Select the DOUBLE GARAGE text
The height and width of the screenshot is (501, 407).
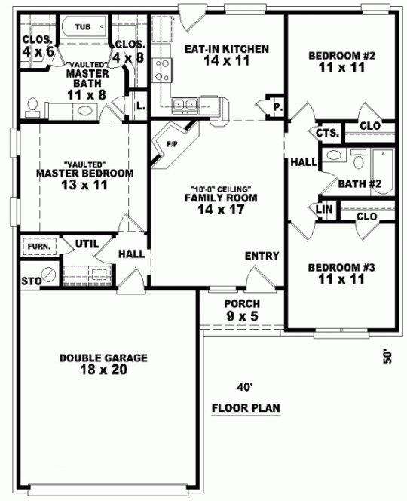pyautogui.click(x=103, y=358)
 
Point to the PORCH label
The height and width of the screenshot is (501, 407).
pyautogui.click(x=242, y=303)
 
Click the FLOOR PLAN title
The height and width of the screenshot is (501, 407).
pyautogui.click(x=246, y=409)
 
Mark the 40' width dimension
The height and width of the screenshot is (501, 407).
pyautogui.click(x=243, y=388)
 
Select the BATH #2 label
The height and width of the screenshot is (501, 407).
pyautogui.click(x=359, y=183)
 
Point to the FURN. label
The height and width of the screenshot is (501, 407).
pyautogui.click(x=38, y=246)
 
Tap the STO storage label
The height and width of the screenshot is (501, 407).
pyautogui.click(x=29, y=281)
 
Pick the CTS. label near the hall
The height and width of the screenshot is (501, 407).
pyautogui.click(x=326, y=133)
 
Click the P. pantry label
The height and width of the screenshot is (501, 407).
pyautogui.click(x=277, y=107)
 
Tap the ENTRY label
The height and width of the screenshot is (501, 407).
pyautogui.click(x=262, y=256)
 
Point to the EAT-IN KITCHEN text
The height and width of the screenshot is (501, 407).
pyautogui.click(x=226, y=50)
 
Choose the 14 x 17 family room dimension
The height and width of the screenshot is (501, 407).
pyautogui.click(x=221, y=210)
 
